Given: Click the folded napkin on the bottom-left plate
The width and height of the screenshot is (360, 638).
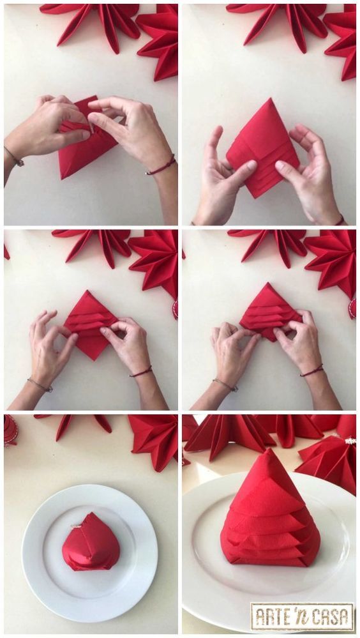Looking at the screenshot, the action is click(91, 542).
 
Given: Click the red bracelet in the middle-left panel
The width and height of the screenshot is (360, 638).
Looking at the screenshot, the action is click(141, 371).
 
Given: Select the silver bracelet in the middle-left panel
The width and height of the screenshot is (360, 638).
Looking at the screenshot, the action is click(40, 385).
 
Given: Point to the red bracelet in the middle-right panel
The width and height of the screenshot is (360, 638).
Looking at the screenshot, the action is click(311, 370).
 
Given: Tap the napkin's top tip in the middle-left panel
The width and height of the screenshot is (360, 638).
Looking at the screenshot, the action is click(87, 291).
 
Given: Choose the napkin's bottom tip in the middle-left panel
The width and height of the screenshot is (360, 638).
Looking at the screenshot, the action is click(93, 360).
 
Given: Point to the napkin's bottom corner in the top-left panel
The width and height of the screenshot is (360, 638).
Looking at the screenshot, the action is click(61, 178).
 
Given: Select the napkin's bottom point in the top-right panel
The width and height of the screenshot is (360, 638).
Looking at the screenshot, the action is click(256, 197).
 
